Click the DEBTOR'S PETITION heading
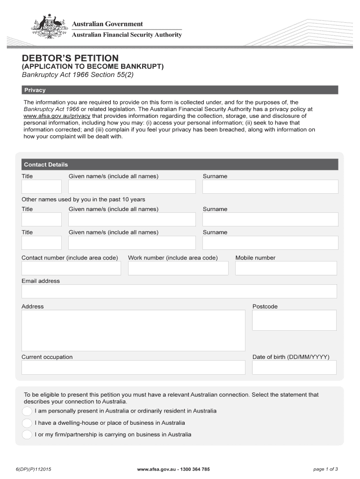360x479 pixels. click(x=71, y=58)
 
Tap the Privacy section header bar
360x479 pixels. click(x=180, y=90)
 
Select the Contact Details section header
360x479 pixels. click(x=180, y=164)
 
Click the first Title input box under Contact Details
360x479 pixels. click(x=41, y=187)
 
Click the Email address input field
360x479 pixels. click(x=179, y=291)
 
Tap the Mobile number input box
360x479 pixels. click(x=286, y=268)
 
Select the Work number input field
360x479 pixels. click(x=178, y=268)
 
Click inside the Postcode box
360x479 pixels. click(x=294, y=320)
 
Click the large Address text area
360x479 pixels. click(x=133, y=330)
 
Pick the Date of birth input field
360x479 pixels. click(x=294, y=367)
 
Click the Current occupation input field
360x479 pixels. click(x=133, y=367)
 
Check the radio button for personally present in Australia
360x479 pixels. click(x=27, y=411)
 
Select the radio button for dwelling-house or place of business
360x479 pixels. click(x=27, y=423)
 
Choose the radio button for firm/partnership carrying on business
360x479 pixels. click(x=27, y=435)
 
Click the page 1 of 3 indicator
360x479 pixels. click(x=325, y=469)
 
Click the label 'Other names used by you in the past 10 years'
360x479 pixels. click(x=83, y=199)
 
